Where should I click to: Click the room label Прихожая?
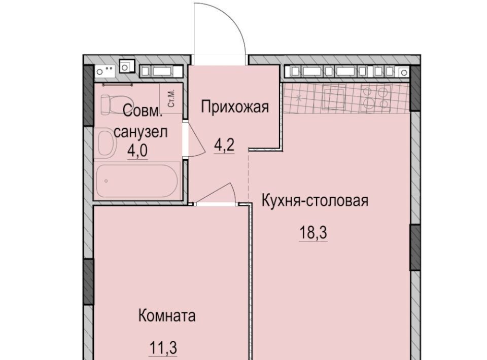[x=234, y=107]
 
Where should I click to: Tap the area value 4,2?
[x=224, y=145]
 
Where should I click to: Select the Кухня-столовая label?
[x=315, y=200]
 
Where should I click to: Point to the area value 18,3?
[x=313, y=232]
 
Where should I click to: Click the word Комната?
[x=167, y=316]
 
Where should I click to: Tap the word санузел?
[x=141, y=132]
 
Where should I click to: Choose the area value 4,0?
[x=137, y=151]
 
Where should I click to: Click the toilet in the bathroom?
[x=110, y=104]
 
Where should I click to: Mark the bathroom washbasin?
[x=106, y=143]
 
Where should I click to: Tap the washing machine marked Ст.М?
[x=171, y=98]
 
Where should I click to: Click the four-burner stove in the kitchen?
[x=375, y=97]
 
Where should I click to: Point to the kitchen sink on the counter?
[x=334, y=97]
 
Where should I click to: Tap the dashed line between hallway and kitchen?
[x=249, y=175]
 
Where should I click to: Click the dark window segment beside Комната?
[x=88, y=281]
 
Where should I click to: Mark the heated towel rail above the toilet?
[x=118, y=84]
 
